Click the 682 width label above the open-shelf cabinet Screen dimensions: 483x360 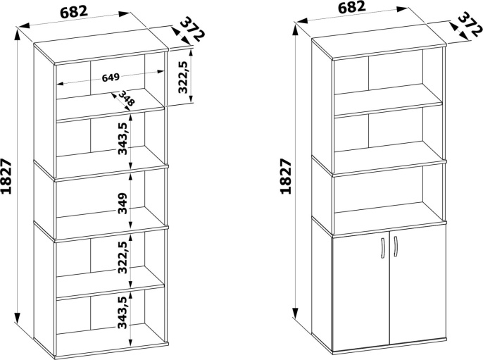coord(74,13)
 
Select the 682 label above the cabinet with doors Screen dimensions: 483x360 coord(351,7)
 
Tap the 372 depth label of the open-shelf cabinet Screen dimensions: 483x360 coord(192,30)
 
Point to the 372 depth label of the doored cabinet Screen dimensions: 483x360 coord(470,25)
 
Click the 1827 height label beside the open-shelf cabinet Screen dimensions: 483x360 coord(6,177)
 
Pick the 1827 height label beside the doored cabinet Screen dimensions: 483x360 coord(286,177)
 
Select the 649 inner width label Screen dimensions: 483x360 coord(111,77)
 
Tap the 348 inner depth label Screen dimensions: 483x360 coord(126,98)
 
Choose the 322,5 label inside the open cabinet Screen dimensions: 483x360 coord(123,257)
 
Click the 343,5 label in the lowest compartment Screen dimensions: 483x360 coord(123,313)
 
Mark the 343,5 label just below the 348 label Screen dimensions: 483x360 coord(123,138)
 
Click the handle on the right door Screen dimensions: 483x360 coord(396,247)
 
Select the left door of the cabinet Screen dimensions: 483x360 coord(361,293)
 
